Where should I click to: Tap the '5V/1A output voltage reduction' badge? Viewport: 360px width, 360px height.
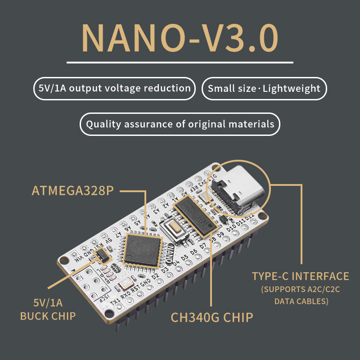pyautogui.click(x=114, y=88)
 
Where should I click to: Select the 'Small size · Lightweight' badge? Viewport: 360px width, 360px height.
pyautogui.click(x=264, y=88)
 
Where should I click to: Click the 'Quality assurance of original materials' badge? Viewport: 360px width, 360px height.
pyautogui.click(x=180, y=124)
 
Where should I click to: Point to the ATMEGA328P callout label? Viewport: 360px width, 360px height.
pyautogui.click(x=72, y=191)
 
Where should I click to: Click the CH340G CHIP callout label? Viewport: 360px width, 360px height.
pyautogui.click(x=211, y=317)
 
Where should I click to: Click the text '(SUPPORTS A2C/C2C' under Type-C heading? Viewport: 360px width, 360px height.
pyautogui.click(x=300, y=289)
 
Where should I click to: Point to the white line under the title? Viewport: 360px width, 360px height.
pyautogui.click(x=180, y=62)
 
